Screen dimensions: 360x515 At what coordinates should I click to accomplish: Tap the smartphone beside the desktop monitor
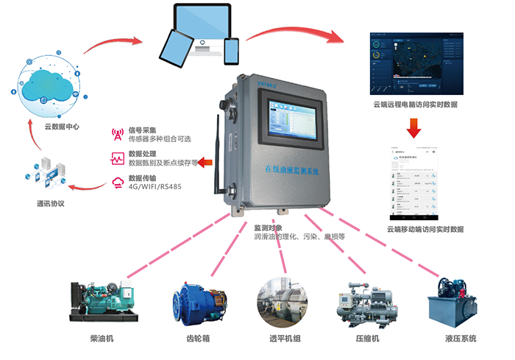(232, 50)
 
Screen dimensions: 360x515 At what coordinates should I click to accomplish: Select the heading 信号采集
(142, 130)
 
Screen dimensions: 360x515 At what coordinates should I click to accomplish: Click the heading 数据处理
(142, 154)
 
